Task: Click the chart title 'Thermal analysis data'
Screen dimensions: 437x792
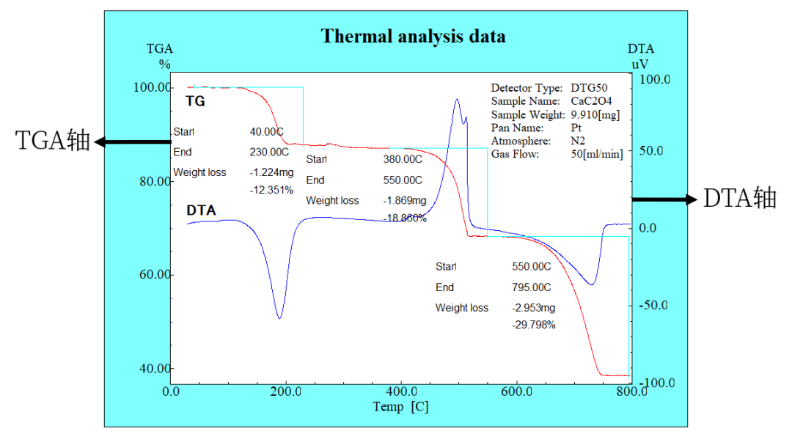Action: coord(413,36)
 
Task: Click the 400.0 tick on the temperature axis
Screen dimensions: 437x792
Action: coord(402,392)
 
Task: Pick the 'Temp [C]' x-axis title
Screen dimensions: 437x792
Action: coord(400,407)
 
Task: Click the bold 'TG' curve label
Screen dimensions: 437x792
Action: coord(196,101)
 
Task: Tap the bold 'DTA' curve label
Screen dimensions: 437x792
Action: coord(201,210)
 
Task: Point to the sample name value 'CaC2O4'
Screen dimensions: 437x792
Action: coord(591,101)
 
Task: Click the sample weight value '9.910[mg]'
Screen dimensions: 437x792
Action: coord(595,114)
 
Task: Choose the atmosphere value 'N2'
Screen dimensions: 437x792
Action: coord(578,141)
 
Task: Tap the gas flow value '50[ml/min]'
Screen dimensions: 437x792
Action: coord(597,154)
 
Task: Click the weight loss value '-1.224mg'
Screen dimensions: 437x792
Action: coord(271,173)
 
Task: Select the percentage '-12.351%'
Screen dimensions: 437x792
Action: coord(271,190)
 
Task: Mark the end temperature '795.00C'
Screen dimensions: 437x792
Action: coord(531,287)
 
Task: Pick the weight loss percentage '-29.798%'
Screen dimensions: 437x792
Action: coord(533,325)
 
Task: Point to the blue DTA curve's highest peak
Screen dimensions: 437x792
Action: coord(457,100)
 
